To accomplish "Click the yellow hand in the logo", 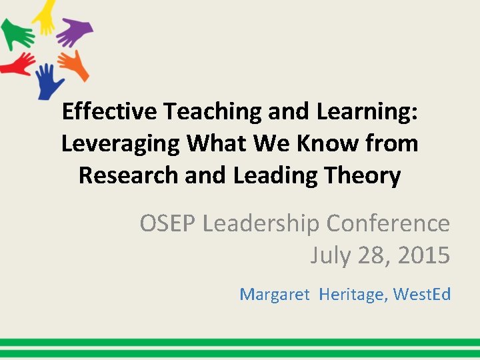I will pyautogui.click(x=45, y=16).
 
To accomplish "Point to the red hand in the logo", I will pyautogui.click(x=17, y=64).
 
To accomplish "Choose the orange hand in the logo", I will pyautogui.click(x=73, y=64).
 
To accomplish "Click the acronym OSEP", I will pyautogui.click(x=167, y=223).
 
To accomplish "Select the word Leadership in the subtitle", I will pyautogui.click(x=263, y=223).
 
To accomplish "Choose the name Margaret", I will pyautogui.click(x=274, y=293).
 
